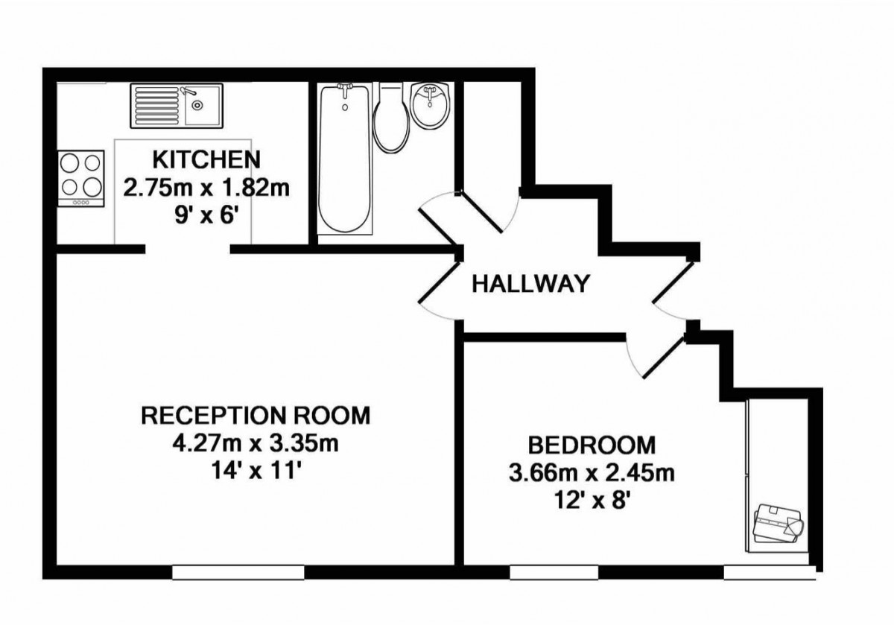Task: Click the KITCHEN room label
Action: (x=206, y=159)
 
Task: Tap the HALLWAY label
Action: (x=531, y=283)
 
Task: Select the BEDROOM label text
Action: (x=592, y=445)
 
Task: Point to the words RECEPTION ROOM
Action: (x=256, y=415)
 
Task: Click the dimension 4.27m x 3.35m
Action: (x=256, y=445)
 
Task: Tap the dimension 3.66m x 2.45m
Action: (x=592, y=473)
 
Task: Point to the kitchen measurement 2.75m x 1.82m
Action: (x=206, y=187)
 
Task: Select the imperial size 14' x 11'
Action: (x=256, y=472)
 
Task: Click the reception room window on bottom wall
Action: (x=238, y=572)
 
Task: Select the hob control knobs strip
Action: (x=80, y=203)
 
